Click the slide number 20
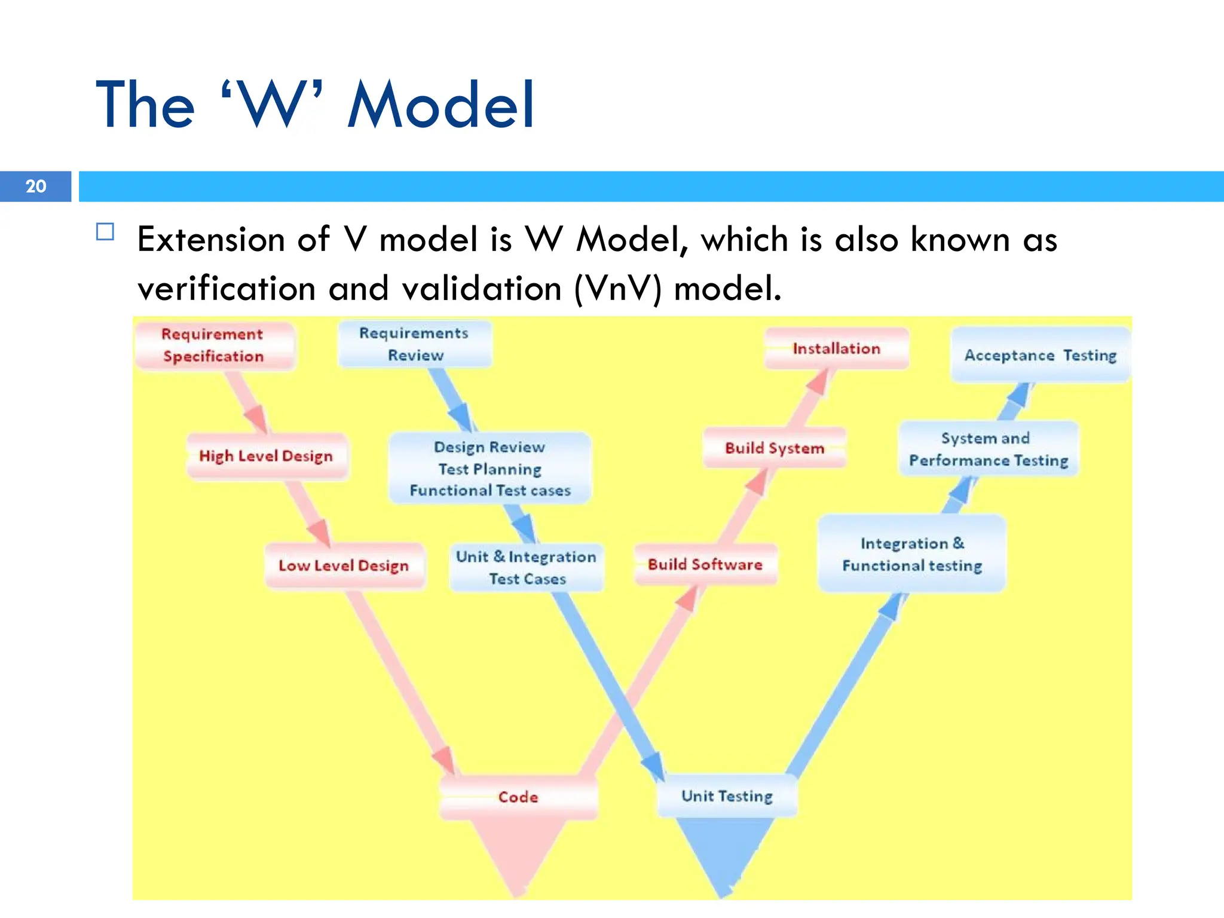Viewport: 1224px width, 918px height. point(36,186)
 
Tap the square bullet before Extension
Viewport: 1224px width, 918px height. point(105,231)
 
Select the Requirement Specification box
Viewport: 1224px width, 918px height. point(214,345)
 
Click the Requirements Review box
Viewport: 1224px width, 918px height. point(415,344)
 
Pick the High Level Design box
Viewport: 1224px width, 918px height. point(267,456)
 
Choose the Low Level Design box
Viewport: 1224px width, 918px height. point(344,565)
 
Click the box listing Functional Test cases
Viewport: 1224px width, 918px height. point(490,469)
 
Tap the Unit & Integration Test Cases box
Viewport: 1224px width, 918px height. point(527,567)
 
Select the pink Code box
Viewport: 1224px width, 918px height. point(518,797)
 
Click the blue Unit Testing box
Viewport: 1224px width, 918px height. point(727,796)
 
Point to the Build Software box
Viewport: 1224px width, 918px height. point(705,565)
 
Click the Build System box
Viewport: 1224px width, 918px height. point(775,448)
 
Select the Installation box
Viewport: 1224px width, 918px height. point(837,348)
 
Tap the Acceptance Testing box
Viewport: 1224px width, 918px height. point(1041,355)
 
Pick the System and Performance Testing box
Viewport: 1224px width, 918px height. point(989,449)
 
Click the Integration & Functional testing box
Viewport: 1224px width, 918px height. point(912,554)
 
